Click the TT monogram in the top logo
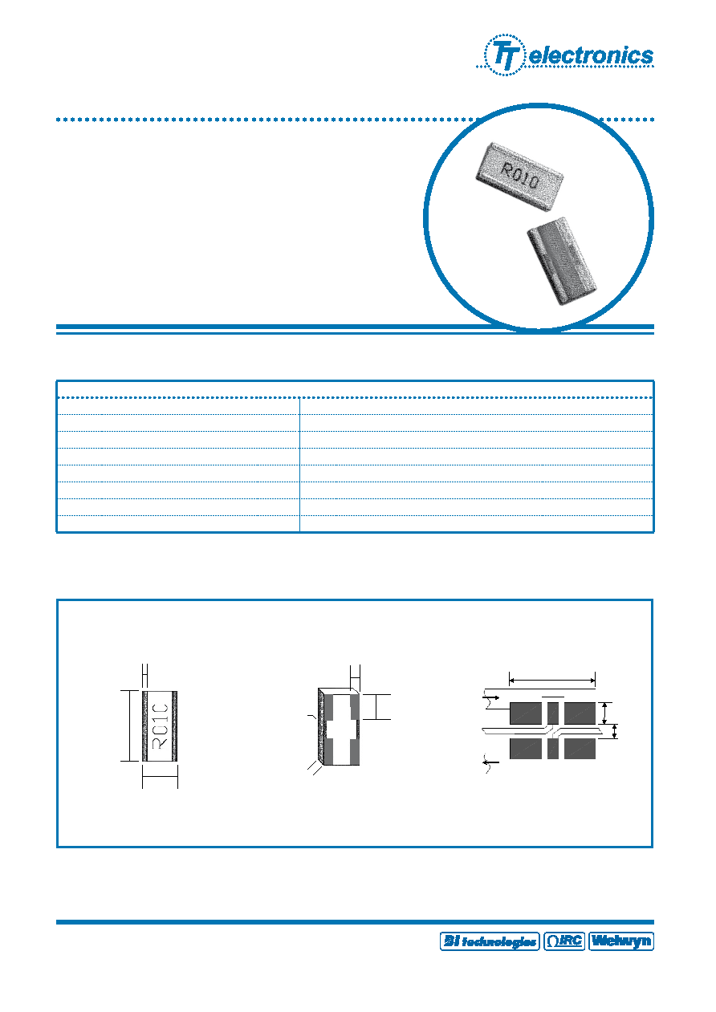coord(505,55)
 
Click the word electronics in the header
coord(592,55)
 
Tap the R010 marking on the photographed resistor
coord(520,177)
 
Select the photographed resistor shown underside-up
coord(562,261)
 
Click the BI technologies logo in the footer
coord(490,941)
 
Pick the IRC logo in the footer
coord(564,941)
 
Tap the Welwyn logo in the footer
coord(621,941)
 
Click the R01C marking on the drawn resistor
coord(161,726)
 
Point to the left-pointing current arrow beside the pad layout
coord(491,762)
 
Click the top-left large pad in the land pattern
coord(526,713)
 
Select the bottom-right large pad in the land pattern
coord(580,748)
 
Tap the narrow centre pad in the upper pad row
coord(552,713)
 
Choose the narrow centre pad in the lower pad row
coord(552,748)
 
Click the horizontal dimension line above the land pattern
coord(552,680)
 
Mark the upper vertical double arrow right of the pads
coord(605,713)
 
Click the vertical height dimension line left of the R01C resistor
coord(130,725)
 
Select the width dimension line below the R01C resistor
coord(160,777)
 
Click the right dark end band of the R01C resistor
coord(175,726)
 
